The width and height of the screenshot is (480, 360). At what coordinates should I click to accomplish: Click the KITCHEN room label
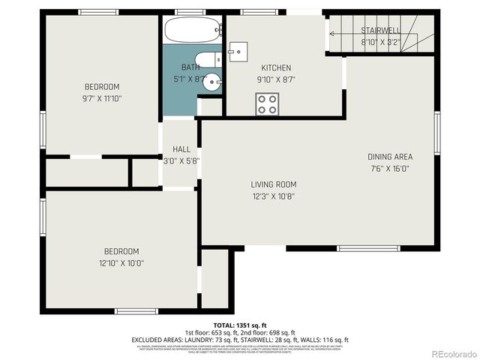tap(275, 67)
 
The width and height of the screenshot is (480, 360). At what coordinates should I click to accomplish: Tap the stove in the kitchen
tap(267, 103)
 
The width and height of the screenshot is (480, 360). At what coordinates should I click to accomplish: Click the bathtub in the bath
tap(192, 30)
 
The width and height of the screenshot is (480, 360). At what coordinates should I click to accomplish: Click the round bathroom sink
tap(213, 82)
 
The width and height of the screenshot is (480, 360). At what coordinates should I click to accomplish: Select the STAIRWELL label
tap(380, 31)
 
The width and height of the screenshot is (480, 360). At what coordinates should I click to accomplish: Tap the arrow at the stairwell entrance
tap(329, 33)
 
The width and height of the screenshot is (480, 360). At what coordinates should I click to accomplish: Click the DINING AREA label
tap(390, 157)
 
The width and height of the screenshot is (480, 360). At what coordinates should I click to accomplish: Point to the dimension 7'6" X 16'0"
tap(390, 169)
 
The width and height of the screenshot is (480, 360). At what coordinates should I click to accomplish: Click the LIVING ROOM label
tap(273, 184)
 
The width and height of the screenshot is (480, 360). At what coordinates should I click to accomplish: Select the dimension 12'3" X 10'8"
tap(273, 196)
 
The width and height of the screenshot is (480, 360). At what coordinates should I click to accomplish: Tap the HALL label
tap(181, 148)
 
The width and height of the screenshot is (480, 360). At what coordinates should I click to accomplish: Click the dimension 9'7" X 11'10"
tap(102, 98)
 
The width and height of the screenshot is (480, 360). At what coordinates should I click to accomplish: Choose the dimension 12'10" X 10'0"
tap(121, 263)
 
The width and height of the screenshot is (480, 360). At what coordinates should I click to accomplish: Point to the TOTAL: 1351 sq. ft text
tap(240, 325)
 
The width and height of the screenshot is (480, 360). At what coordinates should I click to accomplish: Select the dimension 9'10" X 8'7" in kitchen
tap(275, 79)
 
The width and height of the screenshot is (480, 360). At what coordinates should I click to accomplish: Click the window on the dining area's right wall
tap(437, 133)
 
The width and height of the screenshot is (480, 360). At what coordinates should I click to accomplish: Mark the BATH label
tap(190, 67)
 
